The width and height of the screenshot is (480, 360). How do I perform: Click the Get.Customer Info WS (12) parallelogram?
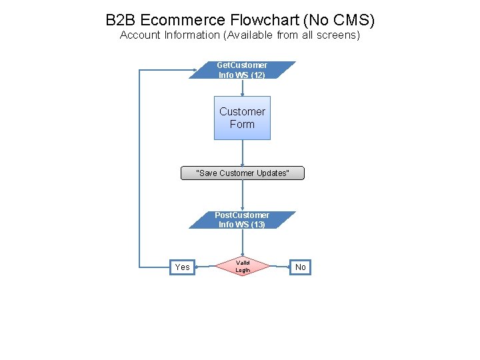[242, 70]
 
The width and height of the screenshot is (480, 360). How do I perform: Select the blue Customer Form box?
[242, 118]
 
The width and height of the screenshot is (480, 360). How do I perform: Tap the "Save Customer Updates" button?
[242, 173]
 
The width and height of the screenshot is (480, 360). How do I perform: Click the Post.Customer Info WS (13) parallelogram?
[242, 220]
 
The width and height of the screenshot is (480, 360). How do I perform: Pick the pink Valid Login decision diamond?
[242, 267]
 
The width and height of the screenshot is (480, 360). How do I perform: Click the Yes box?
[182, 267]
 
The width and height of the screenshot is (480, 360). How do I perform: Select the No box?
[301, 267]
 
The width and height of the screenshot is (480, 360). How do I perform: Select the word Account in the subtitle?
[140, 35]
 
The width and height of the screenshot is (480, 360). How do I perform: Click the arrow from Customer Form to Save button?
[242, 153]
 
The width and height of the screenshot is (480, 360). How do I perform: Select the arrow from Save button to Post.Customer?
[242, 195]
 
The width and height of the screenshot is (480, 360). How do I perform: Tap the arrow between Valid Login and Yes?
[205, 267]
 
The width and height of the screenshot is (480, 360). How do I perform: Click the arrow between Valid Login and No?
[279, 267]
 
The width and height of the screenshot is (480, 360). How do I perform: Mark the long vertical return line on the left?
[139, 167]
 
